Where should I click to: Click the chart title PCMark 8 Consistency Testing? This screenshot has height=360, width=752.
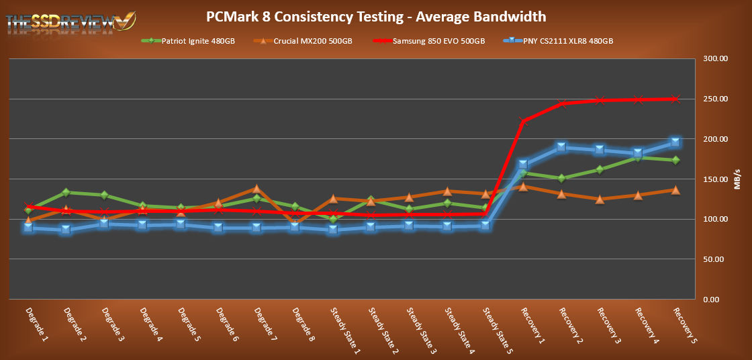tap(376, 15)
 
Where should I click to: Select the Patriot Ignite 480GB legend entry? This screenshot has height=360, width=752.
tap(188, 41)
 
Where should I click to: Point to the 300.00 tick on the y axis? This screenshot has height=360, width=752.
tap(714, 59)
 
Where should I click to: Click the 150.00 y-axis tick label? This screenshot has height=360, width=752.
tap(714, 179)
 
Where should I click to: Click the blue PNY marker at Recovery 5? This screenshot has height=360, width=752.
tap(675, 142)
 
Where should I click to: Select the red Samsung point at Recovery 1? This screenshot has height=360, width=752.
tap(523, 122)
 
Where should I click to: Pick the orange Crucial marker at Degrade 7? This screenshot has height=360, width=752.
tap(256, 189)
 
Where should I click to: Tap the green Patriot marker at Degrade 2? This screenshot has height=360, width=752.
tap(66, 193)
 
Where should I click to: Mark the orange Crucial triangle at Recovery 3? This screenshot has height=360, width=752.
tap(600, 199)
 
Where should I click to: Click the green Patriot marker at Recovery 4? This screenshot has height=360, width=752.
tap(638, 158)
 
